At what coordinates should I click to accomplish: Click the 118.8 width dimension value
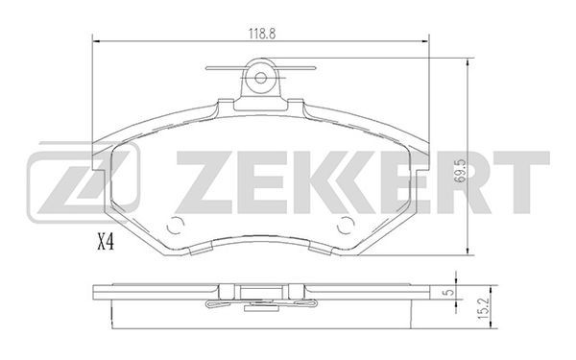coord(262,34)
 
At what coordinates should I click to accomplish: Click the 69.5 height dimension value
coord(460,171)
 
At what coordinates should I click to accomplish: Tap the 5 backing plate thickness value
coord(447,293)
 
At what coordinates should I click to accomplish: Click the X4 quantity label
coord(106,243)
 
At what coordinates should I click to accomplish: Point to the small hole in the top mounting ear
coord(260,78)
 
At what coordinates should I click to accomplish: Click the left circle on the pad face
coord(176,226)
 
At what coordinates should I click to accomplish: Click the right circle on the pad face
coord(346,226)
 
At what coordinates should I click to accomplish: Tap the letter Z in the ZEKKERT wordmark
coord(206,182)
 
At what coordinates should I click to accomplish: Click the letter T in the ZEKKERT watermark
coord(521,182)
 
